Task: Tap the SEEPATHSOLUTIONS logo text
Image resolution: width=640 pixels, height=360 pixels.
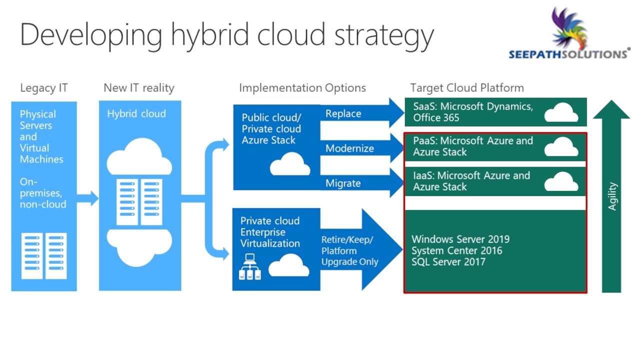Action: click(569, 54)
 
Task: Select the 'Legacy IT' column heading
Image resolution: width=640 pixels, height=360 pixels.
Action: click(44, 88)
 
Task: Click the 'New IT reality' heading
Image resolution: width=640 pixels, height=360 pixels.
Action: click(139, 88)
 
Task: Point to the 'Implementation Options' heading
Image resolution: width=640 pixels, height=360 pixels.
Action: click(302, 88)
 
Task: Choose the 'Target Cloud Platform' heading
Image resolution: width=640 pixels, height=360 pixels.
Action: click(467, 88)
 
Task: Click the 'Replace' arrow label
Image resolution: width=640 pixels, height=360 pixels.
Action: click(343, 113)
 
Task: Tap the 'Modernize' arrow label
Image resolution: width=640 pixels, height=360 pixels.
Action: click(349, 148)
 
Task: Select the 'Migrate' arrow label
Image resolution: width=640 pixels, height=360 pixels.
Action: click(343, 183)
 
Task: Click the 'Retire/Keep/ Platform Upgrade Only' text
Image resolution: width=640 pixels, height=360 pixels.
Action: click(349, 250)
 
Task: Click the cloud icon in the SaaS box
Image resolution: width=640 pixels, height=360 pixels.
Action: click(561, 112)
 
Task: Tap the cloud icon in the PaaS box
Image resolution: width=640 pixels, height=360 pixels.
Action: click(561, 146)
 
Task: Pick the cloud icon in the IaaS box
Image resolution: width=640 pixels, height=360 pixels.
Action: click(561, 181)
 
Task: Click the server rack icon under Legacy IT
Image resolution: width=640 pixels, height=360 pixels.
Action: click(44, 255)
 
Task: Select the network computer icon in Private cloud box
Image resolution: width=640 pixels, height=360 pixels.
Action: click(250, 266)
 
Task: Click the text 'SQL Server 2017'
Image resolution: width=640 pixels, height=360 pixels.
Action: click(448, 262)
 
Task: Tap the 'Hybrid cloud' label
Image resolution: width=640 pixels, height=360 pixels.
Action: click(136, 113)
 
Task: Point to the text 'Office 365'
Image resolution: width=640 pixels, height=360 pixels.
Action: click(436, 117)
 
